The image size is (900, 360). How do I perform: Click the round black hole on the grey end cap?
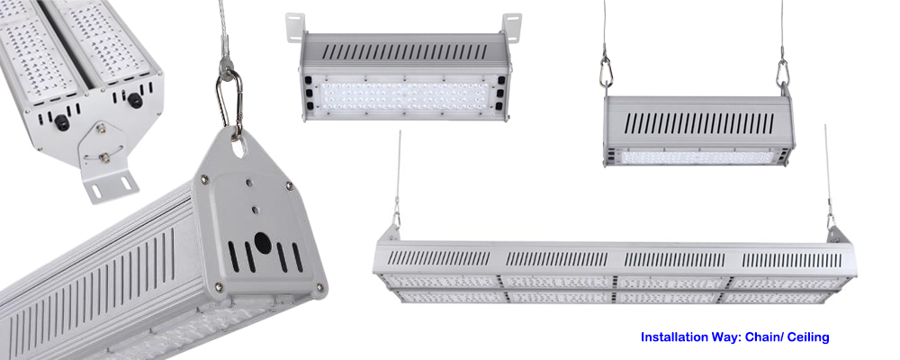[262, 243]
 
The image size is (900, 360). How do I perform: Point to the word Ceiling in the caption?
[808, 337]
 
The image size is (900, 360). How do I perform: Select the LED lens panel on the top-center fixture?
[405, 95]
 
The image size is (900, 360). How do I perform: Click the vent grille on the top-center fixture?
[405, 51]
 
